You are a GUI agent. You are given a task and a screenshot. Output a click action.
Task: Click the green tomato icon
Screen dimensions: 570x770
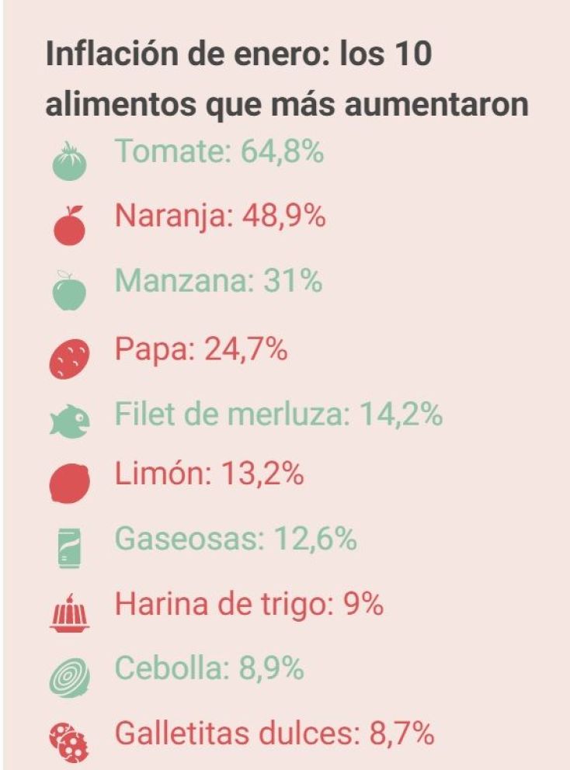(69, 161)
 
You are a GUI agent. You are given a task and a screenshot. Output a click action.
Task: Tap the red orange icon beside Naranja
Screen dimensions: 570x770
(69, 225)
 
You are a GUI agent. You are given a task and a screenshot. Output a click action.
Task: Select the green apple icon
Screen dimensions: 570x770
(69, 290)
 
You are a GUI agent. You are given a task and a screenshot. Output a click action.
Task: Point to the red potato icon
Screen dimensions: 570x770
(69, 359)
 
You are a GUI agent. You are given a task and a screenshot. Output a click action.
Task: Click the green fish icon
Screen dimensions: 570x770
(69, 421)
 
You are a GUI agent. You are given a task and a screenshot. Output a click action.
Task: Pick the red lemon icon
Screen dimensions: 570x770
(70, 484)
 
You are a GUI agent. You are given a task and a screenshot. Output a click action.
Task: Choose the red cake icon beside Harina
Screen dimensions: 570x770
(69, 613)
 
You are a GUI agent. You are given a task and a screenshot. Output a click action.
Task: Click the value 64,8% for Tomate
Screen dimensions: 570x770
(282, 151)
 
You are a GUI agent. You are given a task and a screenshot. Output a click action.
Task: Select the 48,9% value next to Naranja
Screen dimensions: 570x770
(283, 216)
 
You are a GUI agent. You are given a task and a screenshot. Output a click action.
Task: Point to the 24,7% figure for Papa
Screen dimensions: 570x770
(245, 349)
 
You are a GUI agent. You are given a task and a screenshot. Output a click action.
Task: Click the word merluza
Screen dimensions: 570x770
(290, 414)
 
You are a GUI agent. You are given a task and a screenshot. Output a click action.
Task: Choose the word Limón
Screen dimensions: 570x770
(162, 473)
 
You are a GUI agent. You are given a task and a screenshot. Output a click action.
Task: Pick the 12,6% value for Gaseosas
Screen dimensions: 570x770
(315, 538)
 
